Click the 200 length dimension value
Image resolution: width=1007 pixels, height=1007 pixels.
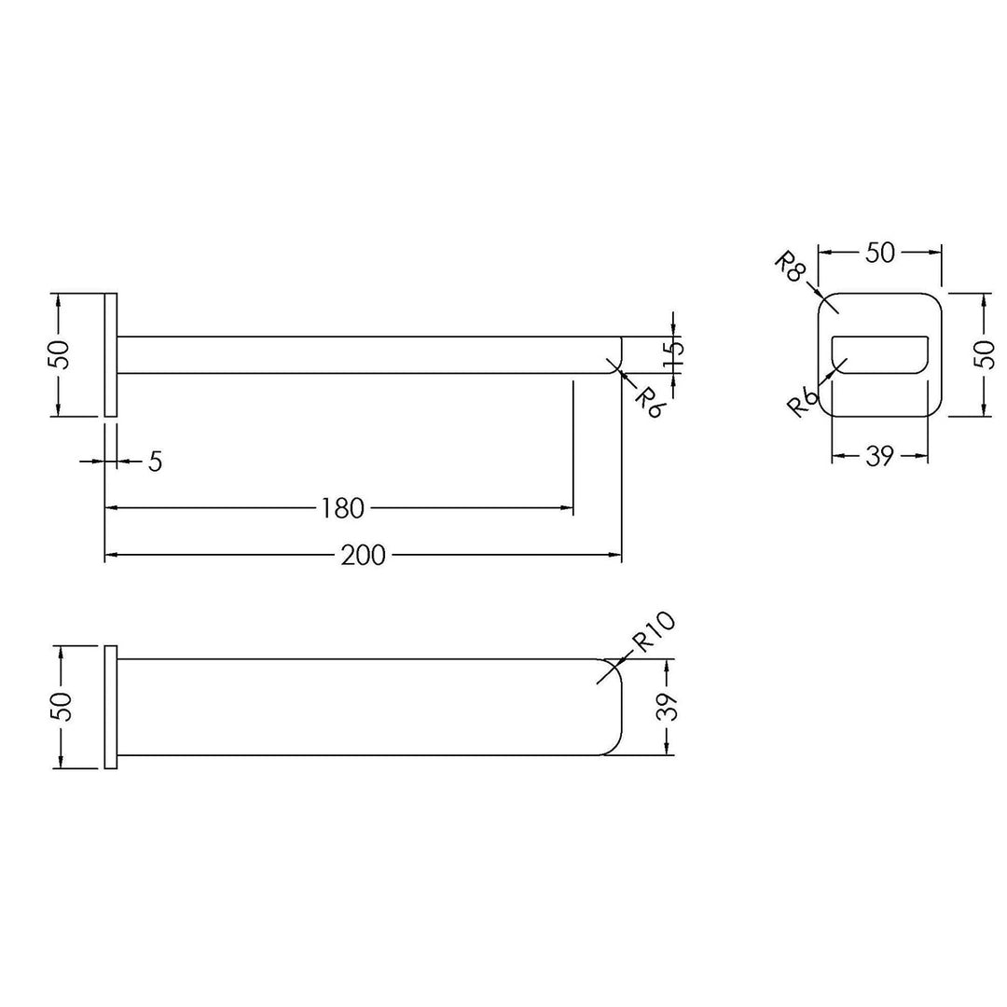pyautogui.click(x=363, y=555)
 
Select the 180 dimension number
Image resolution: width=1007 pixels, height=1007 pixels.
pyautogui.click(x=342, y=509)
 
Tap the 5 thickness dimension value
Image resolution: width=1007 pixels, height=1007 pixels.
pyautogui.click(x=156, y=462)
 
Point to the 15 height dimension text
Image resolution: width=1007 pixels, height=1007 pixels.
pyautogui.click(x=674, y=357)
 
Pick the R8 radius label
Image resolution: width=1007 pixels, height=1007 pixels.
pyautogui.click(x=790, y=267)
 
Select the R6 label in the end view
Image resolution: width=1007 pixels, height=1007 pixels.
pyautogui.click(x=804, y=403)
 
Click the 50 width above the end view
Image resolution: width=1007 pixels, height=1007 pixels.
pyautogui.click(x=880, y=253)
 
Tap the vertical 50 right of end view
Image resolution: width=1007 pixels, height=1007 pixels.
pyautogui.click(x=984, y=354)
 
